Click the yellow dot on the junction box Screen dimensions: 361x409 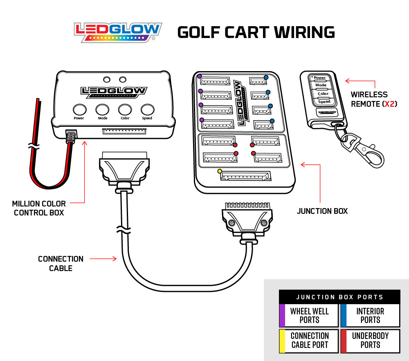(x=220, y=171)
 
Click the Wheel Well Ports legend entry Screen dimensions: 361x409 (x=309, y=316)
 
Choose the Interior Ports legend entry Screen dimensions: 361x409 (x=370, y=316)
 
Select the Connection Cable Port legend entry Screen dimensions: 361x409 (x=309, y=340)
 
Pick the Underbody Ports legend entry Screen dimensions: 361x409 (x=370, y=340)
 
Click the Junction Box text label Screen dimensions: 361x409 (x=322, y=211)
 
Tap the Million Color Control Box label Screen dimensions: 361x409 (x=39, y=208)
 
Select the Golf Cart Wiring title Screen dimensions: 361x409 (x=256, y=32)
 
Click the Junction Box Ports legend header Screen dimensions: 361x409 (x=339, y=297)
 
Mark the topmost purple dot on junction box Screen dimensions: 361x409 (x=200, y=76)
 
